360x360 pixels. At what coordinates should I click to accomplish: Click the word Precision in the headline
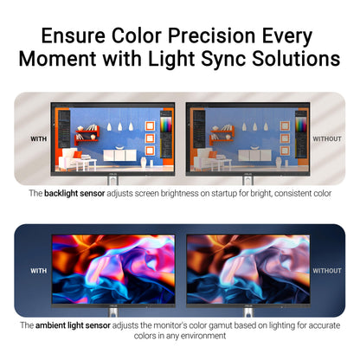tap(212, 36)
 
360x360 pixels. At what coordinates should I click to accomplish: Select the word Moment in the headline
tap(57, 59)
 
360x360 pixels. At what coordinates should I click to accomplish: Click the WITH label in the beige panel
tap(39, 139)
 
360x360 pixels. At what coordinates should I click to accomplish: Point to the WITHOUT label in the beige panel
tap(327, 139)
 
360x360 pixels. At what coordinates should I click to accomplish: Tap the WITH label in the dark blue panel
tap(39, 271)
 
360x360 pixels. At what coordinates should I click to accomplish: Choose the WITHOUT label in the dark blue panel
tap(327, 271)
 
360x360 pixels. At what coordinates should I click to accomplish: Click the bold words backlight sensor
tap(74, 193)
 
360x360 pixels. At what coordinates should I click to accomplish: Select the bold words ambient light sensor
tap(73, 325)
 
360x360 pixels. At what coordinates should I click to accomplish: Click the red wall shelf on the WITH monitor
tap(87, 135)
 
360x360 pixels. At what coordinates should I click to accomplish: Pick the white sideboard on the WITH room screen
tap(119, 155)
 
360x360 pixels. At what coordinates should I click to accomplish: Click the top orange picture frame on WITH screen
tap(150, 126)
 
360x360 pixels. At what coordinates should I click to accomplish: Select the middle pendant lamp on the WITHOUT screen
tap(255, 126)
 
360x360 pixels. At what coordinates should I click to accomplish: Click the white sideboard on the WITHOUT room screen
tap(254, 155)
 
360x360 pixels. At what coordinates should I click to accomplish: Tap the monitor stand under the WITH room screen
tap(112, 180)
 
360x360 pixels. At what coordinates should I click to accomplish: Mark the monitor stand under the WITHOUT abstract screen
tap(248, 312)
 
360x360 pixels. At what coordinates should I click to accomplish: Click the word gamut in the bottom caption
tap(221, 325)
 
